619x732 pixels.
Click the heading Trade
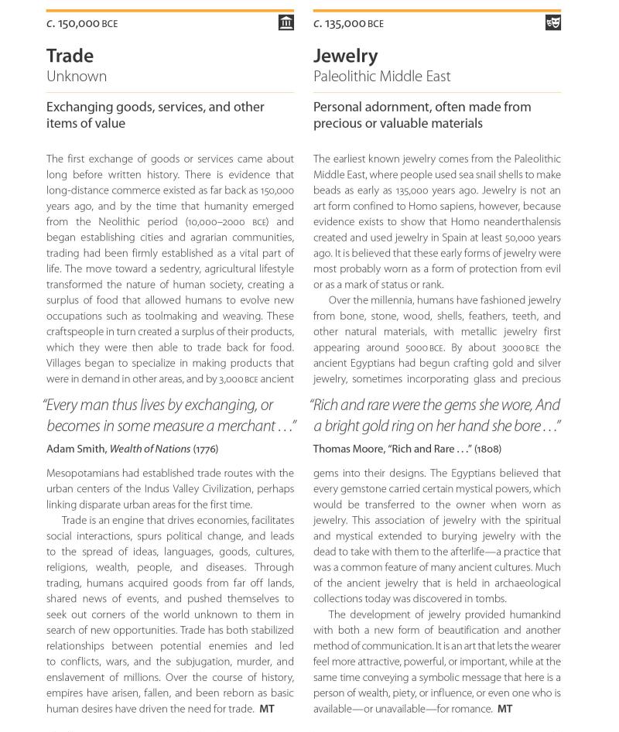coord(70,56)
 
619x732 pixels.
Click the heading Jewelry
coord(345,56)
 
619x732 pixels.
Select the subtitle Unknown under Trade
coord(77,77)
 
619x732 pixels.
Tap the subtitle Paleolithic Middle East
coord(381,77)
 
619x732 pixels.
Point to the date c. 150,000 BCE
coord(82,24)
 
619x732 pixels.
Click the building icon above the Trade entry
coord(286,22)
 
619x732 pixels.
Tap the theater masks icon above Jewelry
coord(552,22)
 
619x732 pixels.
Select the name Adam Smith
coord(76,449)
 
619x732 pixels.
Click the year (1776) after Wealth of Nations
coord(205,449)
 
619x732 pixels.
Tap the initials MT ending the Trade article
coord(267,709)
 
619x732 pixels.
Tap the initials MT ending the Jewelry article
coord(504,709)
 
